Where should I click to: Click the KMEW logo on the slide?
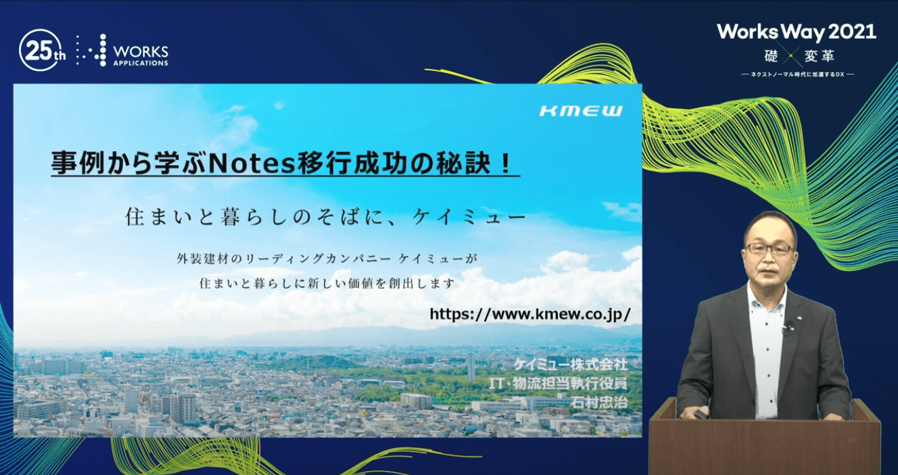[x=581, y=110]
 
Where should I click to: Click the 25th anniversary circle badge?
[x=39, y=50]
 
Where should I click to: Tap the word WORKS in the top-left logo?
[x=141, y=52]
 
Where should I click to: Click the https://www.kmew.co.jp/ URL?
[x=530, y=314]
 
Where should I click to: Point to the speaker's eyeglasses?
[x=770, y=249]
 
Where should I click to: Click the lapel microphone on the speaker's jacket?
[x=788, y=327]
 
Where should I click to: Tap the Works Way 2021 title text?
[x=797, y=32]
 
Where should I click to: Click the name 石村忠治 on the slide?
[x=599, y=403]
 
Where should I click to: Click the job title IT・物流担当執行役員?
[x=558, y=384]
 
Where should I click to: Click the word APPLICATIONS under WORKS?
[x=141, y=64]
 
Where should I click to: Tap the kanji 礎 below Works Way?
[x=771, y=56]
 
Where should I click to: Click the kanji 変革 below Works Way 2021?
[x=820, y=56]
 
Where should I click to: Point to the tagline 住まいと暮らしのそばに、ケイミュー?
[x=325, y=217]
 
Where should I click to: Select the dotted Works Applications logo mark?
[x=92, y=50]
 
